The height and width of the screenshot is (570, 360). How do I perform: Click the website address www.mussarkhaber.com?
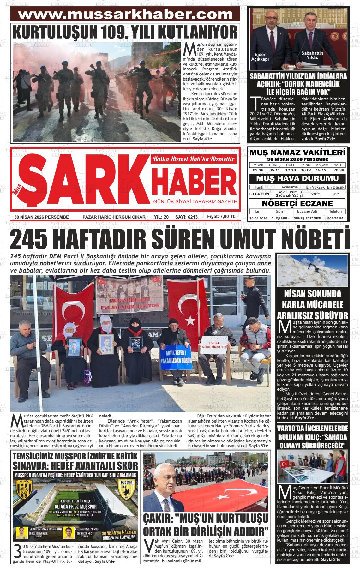point(125,15)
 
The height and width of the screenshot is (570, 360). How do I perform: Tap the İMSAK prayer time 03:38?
point(258,170)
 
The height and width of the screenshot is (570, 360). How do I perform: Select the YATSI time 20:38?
point(339,170)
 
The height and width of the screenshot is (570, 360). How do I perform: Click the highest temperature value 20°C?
point(315,194)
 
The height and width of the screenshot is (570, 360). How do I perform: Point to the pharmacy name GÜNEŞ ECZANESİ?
point(307,218)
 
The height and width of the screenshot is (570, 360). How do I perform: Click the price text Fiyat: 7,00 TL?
point(221,217)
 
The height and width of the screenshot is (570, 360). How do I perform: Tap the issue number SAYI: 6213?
point(186,217)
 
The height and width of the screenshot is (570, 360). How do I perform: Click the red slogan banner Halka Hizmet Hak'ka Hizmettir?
point(194,159)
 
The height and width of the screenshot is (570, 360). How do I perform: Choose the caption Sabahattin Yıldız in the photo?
point(312,55)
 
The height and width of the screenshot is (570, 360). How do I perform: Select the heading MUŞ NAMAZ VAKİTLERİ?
point(297,153)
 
